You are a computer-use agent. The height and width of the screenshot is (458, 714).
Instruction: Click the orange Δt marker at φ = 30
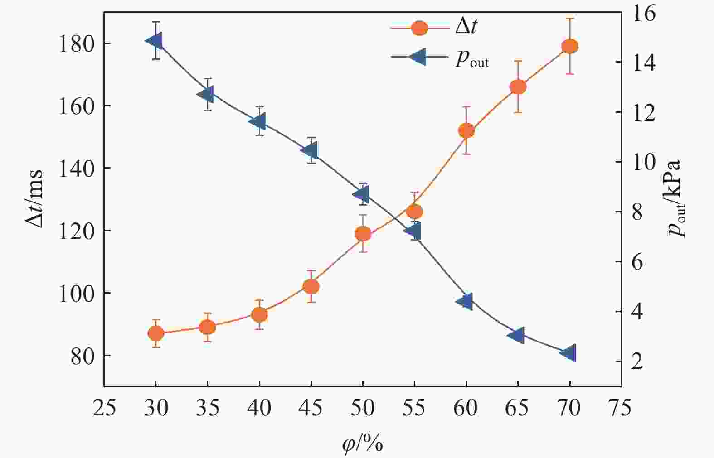[x=155, y=333]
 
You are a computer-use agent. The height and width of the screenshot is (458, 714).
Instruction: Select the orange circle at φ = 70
[x=569, y=46]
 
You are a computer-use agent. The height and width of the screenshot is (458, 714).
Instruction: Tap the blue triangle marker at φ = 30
[x=155, y=41]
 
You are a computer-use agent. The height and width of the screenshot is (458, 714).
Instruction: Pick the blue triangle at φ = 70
[x=568, y=352]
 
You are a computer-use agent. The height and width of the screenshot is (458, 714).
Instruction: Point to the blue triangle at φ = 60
[x=465, y=301]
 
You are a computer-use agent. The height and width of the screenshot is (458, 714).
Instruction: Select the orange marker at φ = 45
[x=311, y=286]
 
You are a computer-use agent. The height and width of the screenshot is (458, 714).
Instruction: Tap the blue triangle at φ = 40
[x=258, y=121]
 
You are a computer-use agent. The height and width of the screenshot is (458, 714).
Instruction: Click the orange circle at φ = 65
[x=518, y=87]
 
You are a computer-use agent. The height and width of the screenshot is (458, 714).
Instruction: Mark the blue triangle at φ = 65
[x=517, y=335]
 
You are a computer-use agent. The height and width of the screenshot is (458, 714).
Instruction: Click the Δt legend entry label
[x=466, y=28]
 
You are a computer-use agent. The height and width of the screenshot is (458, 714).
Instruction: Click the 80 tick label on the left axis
[x=83, y=356]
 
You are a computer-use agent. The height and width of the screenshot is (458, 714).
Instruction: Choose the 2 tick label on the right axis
[x=637, y=362]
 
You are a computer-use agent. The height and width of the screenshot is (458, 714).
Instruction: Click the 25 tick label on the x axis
[x=104, y=408]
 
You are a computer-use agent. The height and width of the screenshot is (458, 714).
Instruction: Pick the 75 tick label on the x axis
[x=620, y=408]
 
